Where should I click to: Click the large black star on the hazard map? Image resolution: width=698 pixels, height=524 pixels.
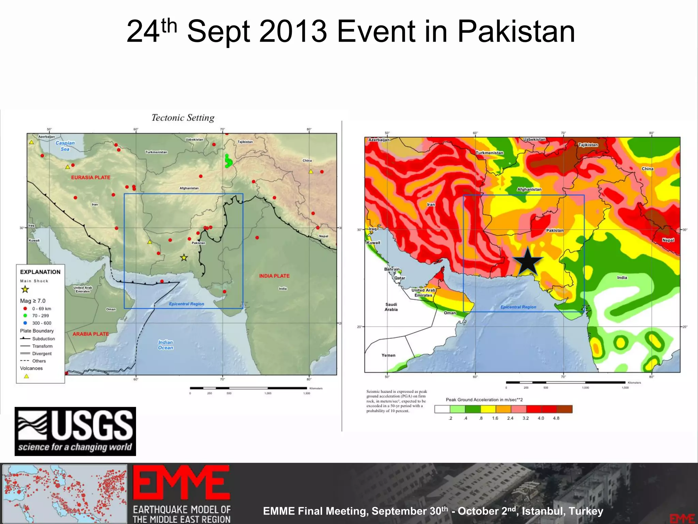(528, 262)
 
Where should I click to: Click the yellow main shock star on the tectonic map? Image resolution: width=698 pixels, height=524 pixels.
(184, 258)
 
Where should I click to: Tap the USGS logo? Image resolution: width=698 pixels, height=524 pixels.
(75, 431)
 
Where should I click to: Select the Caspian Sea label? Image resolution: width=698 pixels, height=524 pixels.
(65, 146)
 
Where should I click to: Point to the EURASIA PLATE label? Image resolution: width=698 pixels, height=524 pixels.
(91, 177)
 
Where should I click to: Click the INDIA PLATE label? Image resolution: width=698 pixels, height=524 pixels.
(274, 276)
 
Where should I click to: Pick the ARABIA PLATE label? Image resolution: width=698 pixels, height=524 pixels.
(91, 334)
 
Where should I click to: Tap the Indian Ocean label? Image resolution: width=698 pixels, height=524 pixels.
(166, 345)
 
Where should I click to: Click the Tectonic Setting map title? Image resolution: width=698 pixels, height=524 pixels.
(183, 118)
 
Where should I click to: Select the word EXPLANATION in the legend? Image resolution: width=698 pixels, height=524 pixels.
(40, 272)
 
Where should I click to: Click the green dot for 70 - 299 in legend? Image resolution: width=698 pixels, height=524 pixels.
(25, 316)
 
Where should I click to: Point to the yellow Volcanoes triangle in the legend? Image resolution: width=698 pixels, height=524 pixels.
(26, 376)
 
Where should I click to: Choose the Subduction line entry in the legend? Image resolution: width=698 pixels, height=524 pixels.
(37, 339)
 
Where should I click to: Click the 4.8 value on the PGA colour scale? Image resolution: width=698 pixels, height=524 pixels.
(556, 418)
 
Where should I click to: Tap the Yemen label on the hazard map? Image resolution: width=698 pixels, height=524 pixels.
(389, 355)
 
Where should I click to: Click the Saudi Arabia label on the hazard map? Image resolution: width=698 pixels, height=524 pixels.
(391, 307)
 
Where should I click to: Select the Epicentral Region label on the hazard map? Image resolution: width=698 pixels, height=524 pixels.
(518, 307)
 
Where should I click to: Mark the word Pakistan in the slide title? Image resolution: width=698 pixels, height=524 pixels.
(516, 31)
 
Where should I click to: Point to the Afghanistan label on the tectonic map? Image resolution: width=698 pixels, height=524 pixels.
(189, 188)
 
